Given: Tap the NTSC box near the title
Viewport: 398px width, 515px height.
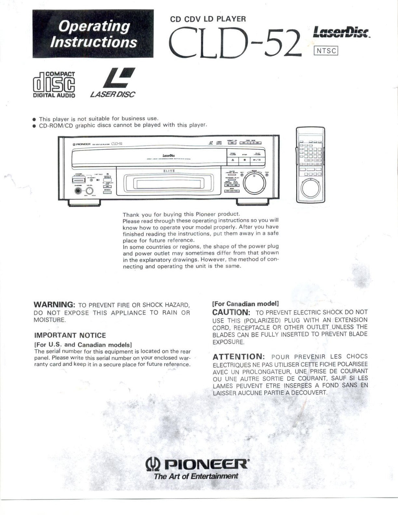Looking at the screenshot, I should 325,51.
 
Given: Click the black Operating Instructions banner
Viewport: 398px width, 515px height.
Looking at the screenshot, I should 93,34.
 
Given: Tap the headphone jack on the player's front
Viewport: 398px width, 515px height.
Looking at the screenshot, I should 78,191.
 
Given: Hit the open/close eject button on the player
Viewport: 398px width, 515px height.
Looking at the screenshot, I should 233,160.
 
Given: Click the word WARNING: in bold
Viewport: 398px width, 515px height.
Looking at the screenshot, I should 55,305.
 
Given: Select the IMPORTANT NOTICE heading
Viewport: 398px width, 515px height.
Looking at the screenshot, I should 70,335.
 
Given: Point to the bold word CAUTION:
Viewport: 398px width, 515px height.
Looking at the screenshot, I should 231,312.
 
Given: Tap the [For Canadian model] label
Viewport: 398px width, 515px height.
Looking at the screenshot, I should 245,304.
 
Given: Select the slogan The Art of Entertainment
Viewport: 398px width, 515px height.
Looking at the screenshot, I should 196,476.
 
